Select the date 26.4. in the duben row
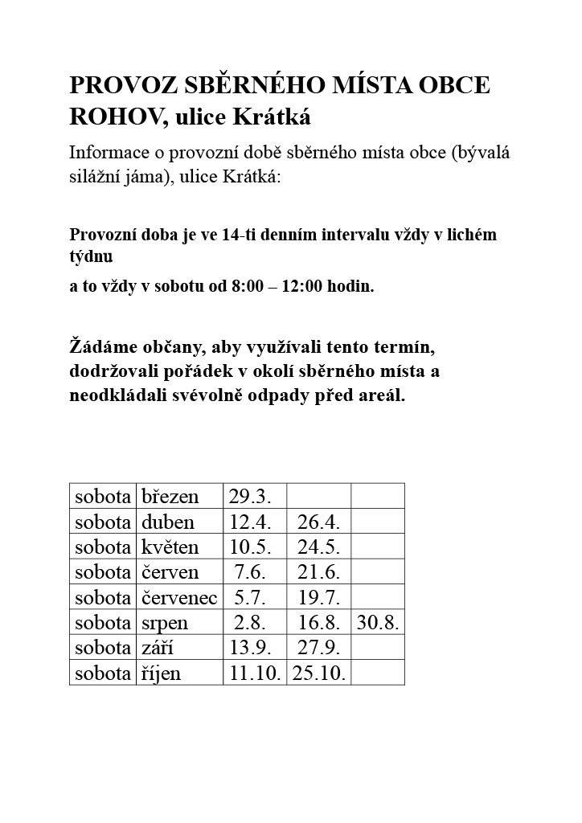click(318, 522)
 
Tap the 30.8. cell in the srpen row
click(378, 623)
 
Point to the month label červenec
click(179, 598)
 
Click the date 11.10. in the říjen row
click(254, 674)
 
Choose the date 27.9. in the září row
click(318, 649)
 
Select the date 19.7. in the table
click(318, 598)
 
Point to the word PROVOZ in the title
click(116, 86)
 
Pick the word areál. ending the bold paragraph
click(382, 396)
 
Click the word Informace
click(109, 152)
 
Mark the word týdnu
click(91, 257)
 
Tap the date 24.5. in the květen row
click(318, 547)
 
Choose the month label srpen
click(166, 623)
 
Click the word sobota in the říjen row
click(103, 674)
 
